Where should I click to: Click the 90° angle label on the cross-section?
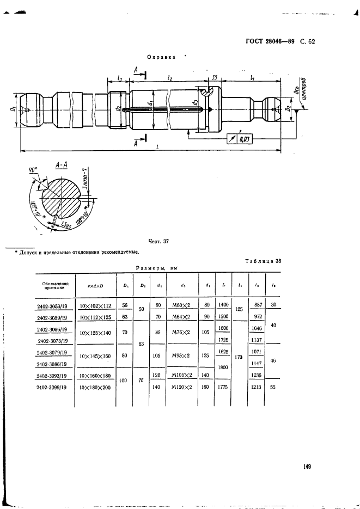[34, 170]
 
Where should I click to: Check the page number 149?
[307, 466]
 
